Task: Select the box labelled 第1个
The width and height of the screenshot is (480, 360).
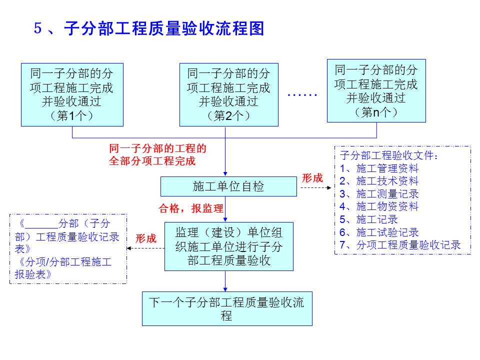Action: pyautogui.click(x=72, y=94)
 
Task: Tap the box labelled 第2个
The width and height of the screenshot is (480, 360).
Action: pyautogui.click(x=228, y=94)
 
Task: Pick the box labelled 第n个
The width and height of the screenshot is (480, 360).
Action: pyautogui.click(x=376, y=90)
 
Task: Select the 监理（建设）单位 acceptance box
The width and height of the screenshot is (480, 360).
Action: pyautogui.click(x=228, y=246)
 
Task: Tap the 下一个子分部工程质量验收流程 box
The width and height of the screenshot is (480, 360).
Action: pyautogui.click(x=227, y=308)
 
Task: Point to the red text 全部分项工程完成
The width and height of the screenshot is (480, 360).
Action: pyautogui.click(x=152, y=161)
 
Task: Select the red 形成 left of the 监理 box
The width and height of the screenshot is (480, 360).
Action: pyautogui.click(x=146, y=238)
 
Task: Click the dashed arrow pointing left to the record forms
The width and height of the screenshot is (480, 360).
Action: pyautogui.click(x=146, y=248)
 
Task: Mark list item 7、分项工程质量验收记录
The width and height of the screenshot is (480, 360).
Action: pyautogui.click(x=400, y=244)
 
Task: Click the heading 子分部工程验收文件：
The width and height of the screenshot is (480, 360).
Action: pyautogui.click(x=389, y=155)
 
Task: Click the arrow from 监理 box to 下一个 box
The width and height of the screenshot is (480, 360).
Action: pyautogui.click(x=225, y=281)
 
